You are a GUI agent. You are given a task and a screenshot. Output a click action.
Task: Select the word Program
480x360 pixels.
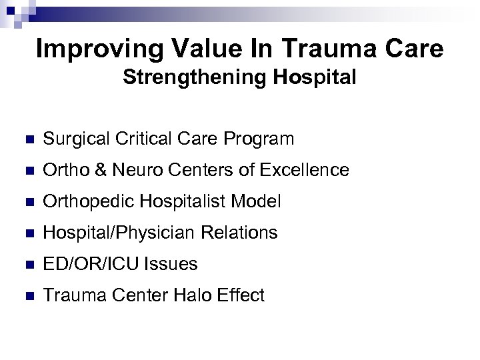[261, 139]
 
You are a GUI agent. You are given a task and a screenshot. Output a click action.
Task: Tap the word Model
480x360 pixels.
[259, 201]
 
